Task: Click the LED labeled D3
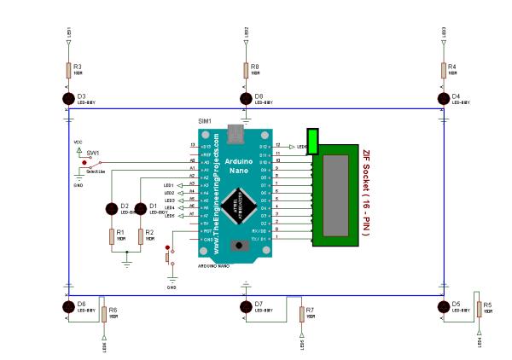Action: pyautogui.click(x=68, y=99)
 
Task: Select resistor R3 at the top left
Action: pyautogui.click(x=68, y=69)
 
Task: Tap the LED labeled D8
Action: pyautogui.click(x=246, y=99)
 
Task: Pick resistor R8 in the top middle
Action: pyautogui.click(x=246, y=69)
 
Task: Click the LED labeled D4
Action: pyautogui.click(x=443, y=99)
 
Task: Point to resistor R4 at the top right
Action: pyautogui.click(x=443, y=69)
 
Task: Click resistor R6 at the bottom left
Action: pyautogui.click(x=103, y=314)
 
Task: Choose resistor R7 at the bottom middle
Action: pyautogui.click(x=301, y=314)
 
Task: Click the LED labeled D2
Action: pyautogui.click(x=111, y=208)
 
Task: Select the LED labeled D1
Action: pyautogui.click(x=141, y=208)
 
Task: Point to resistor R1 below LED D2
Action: pyautogui.click(x=111, y=236)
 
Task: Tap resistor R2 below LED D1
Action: pyautogui.click(x=141, y=236)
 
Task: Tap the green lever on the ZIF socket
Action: pyautogui.click(x=313, y=142)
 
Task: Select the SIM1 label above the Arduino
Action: pyautogui.click(x=205, y=122)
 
